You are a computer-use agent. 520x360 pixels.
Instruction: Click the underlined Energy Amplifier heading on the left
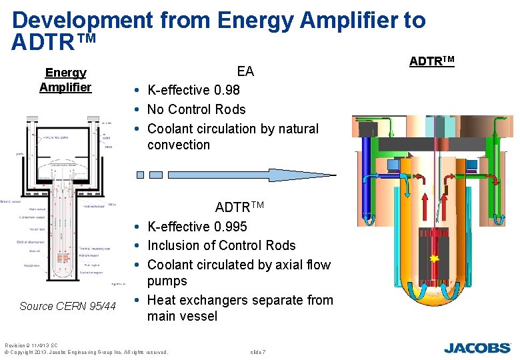65,80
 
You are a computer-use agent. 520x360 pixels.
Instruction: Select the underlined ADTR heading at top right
431,61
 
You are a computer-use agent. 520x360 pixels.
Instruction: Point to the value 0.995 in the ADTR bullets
230,227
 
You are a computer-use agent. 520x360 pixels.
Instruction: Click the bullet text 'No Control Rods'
196,109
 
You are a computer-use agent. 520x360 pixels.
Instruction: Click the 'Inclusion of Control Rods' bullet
221,245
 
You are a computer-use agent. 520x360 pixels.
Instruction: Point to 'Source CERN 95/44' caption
67,306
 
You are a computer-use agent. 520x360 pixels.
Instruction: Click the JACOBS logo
477,347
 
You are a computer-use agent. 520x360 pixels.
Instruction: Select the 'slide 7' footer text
257,351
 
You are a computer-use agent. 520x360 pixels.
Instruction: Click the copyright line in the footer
86,351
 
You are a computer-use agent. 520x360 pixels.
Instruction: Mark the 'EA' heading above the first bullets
245,71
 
